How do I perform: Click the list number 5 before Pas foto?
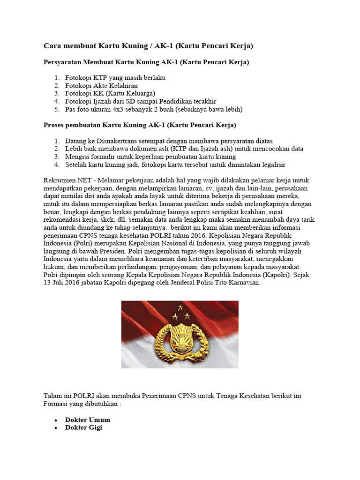coord(56,109)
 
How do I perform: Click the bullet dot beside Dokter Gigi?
coord(56,427)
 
